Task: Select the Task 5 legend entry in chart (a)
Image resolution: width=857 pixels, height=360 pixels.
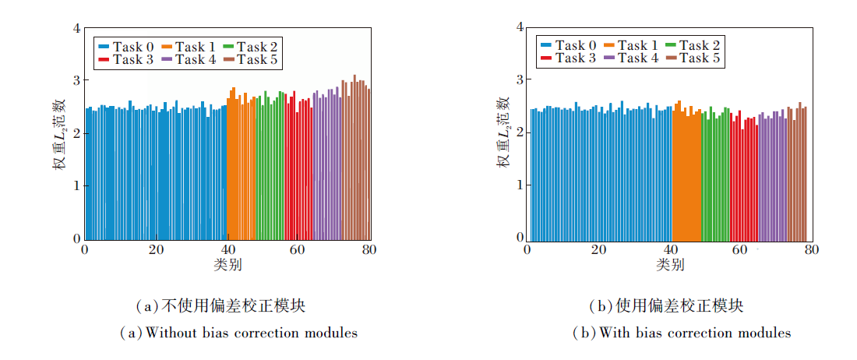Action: coord(250,59)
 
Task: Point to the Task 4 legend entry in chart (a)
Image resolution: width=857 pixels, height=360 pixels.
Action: coord(189,59)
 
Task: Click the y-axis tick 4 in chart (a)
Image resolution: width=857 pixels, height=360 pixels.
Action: coord(76,28)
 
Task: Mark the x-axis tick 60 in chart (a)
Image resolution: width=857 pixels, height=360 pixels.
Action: coord(299,250)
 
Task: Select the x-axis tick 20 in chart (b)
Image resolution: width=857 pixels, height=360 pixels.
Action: coord(598,249)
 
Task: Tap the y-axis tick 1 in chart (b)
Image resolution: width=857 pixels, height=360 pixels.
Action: coord(519,185)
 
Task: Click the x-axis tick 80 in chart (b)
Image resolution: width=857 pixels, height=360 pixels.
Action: coord(811,249)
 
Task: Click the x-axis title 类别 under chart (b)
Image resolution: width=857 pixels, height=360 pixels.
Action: coord(669,265)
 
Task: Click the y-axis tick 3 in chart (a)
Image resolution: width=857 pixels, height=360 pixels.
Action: coord(76,80)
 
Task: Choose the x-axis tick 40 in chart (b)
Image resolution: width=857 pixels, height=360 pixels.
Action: coord(669,249)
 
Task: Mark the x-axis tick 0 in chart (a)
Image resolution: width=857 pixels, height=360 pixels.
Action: coord(84,250)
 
